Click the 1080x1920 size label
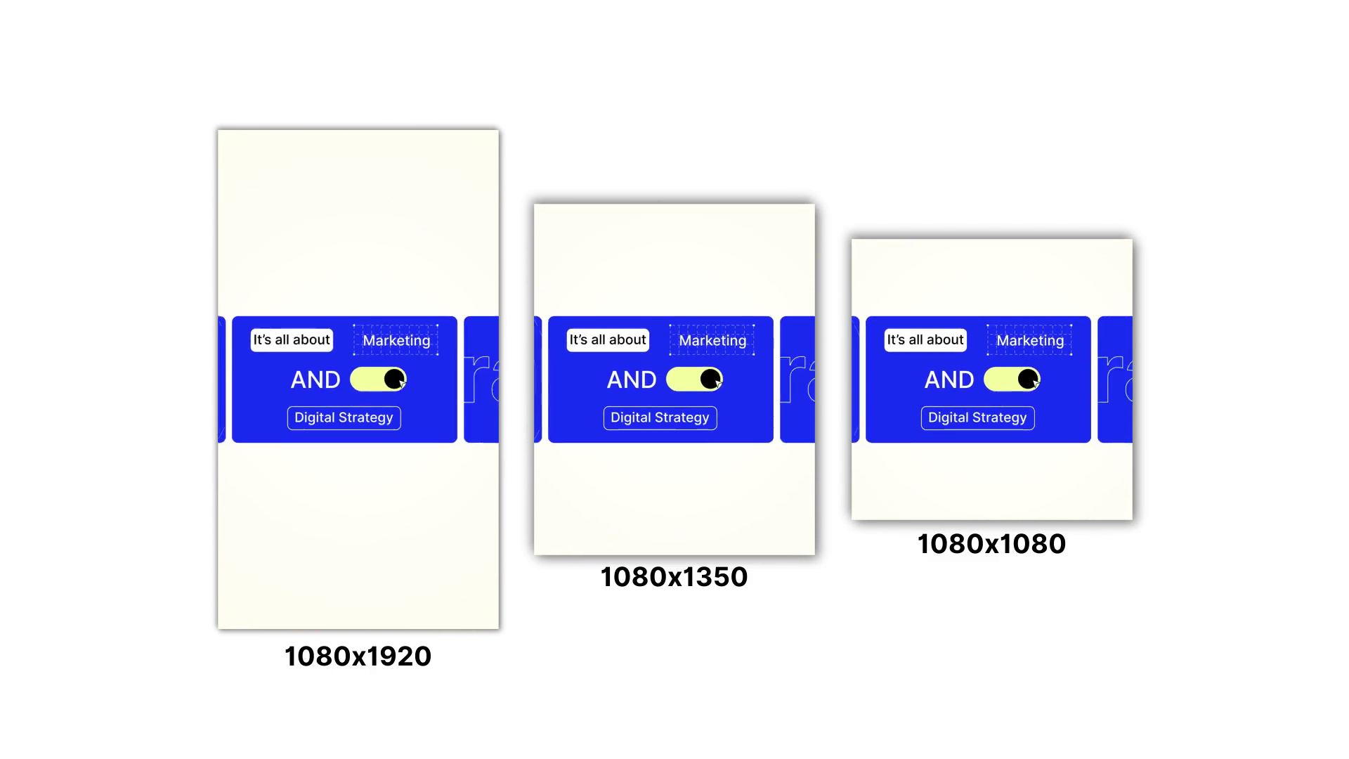[x=358, y=656]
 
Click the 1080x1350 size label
[x=674, y=577]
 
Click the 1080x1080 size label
[x=991, y=544]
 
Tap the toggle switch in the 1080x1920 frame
[x=378, y=379]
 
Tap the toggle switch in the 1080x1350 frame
[x=694, y=379]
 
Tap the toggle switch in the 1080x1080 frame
[x=1012, y=379]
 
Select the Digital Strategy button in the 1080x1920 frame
[x=344, y=417]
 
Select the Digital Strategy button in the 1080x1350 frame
[x=660, y=417]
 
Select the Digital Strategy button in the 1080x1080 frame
[x=977, y=417]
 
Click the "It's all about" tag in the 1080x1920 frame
[x=292, y=340]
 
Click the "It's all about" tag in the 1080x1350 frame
[x=608, y=340]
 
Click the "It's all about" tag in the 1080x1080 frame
[x=925, y=340]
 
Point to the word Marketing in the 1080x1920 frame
[x=396, y=341]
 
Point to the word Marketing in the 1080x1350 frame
[x=712, y=341]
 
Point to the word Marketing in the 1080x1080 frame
[x=1030, y=341]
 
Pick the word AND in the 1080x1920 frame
[x=315, y=380]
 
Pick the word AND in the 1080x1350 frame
[x=632, y=380]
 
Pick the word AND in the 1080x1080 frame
[x=949, y=380]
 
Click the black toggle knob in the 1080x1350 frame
[x=710, y=379]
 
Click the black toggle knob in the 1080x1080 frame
[x=1028, y=379]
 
